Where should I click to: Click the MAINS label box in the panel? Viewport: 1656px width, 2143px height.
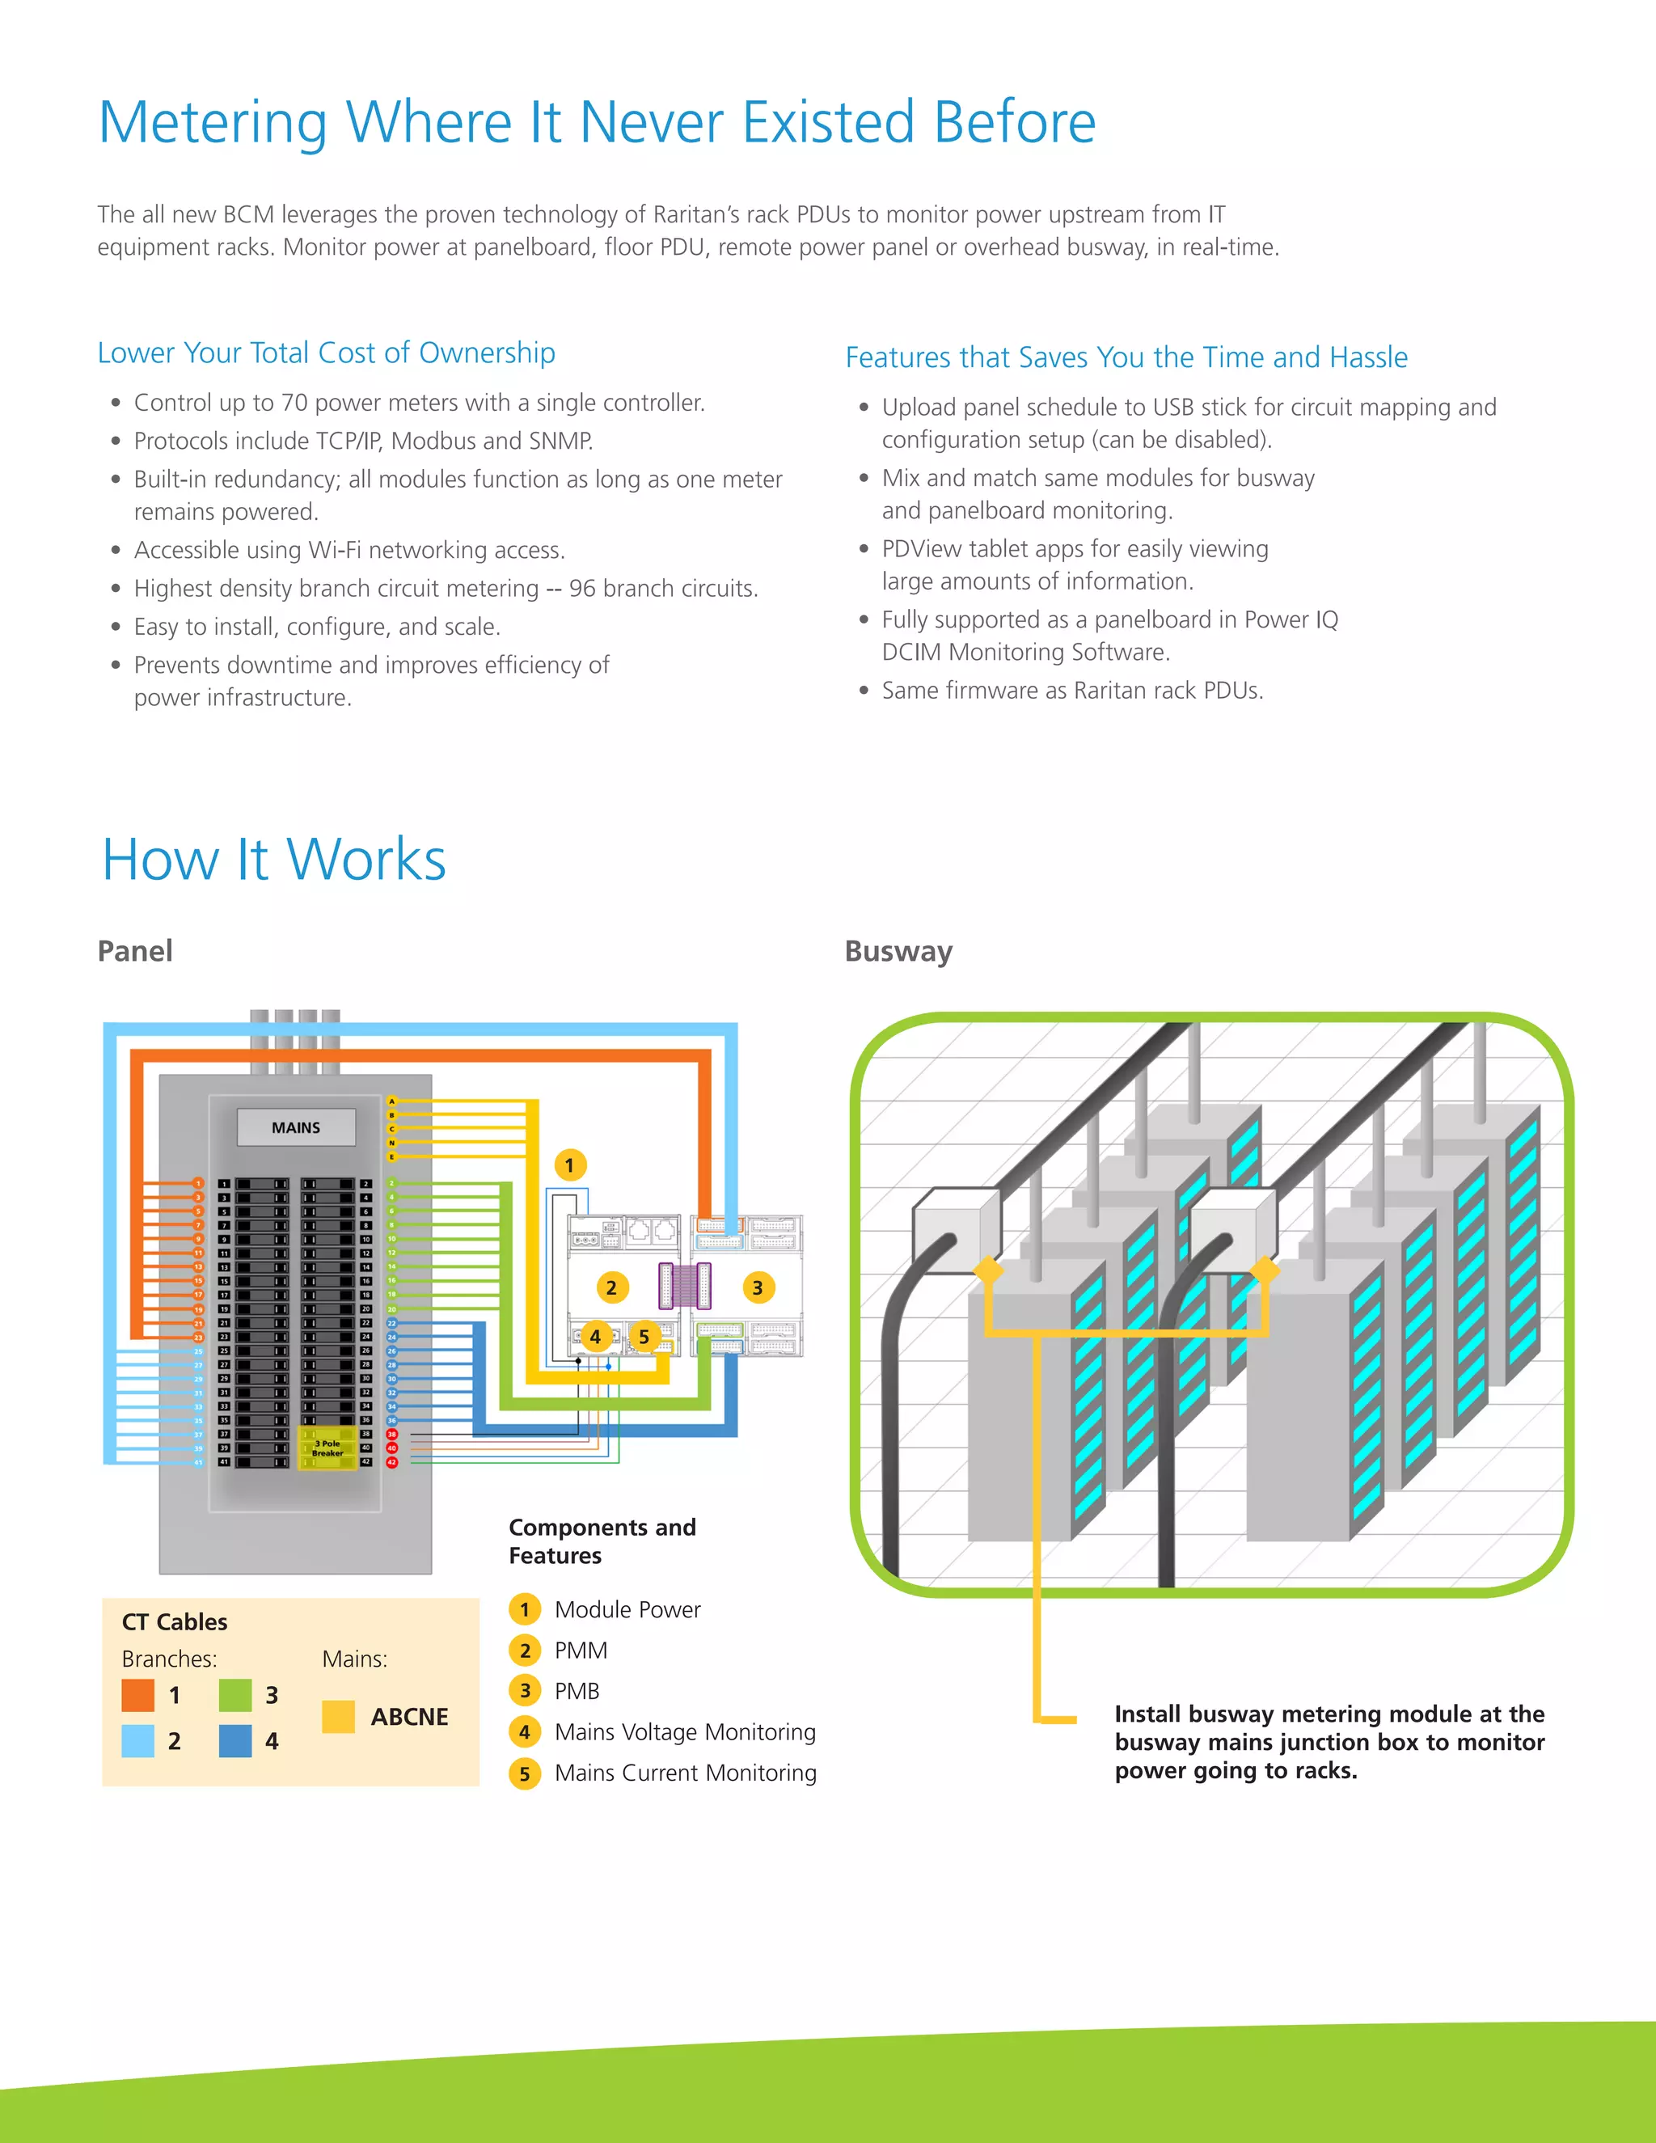point(295,1127)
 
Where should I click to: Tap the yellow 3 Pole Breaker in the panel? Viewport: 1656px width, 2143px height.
point(327,1448)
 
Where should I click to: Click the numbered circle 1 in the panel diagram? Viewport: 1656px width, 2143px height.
point(569,1164)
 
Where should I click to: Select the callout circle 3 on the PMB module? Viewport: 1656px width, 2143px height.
point(758,1287)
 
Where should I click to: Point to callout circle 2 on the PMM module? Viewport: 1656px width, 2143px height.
point(611,1287)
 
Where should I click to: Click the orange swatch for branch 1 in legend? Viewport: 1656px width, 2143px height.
point(138,1694)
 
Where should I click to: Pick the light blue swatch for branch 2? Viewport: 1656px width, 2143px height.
point(138,1741)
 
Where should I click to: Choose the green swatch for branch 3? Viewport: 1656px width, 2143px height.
point(235,1694)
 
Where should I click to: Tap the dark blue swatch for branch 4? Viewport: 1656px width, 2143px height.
point(235,1741)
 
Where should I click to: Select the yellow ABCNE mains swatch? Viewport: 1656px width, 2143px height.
point(339,1716)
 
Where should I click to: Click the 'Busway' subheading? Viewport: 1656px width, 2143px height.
point(898,951)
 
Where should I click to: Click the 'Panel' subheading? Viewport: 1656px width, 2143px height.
point(134,951)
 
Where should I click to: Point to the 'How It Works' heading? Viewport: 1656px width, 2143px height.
point(274,860)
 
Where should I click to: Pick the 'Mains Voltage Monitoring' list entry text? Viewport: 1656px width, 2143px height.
point(685,1732)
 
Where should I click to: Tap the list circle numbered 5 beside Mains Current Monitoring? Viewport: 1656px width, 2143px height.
point(525,1773)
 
